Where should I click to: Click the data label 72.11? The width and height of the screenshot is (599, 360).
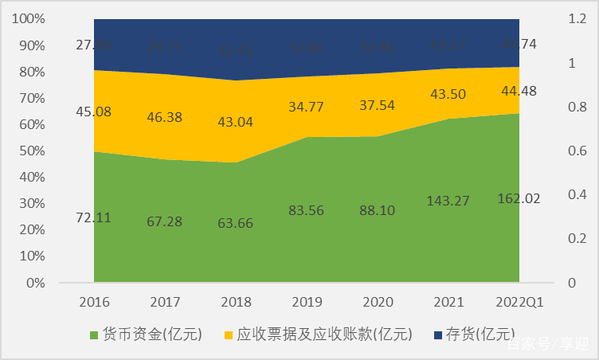[x=93, y=217]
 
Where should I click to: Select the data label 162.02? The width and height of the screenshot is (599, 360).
[x=519, y=198]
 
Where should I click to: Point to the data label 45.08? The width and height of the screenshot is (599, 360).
[x=93, y=111]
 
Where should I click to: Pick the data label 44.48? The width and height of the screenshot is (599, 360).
[x=519, y=91]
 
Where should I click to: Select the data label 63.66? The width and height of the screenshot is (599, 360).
[x=235, y=222]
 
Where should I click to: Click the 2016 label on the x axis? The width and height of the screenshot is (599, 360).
[x=94, y=302]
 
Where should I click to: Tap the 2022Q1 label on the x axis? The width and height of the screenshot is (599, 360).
[x=518, y=302]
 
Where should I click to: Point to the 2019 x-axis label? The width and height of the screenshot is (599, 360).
[x=306, y=302]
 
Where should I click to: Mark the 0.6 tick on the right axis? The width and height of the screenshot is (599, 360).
[x=554, y=151]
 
